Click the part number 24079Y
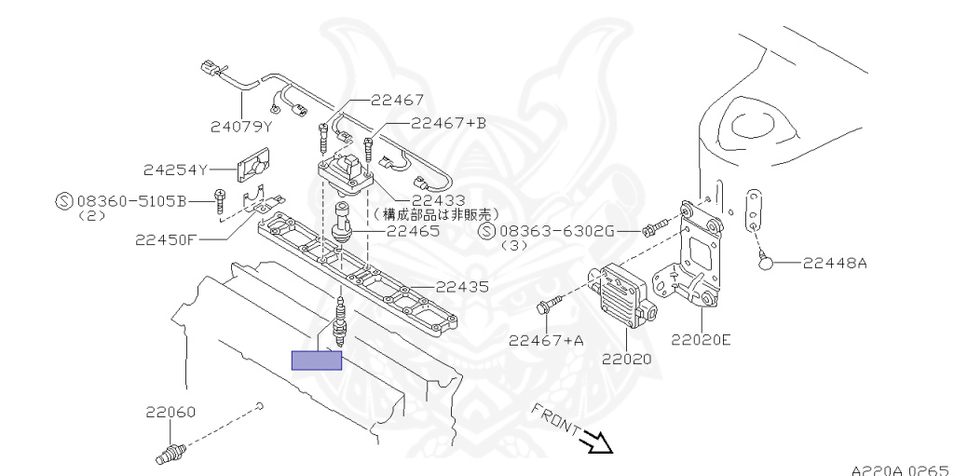pyautogui.click(x=240, y=127)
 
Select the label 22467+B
pyautogui.click(x=448, y=123)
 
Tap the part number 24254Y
pyautogui.click(x=174, y=170)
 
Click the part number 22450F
pyautogui.click(x=166, y=238)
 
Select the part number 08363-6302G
pyautogui.click(x=556, y=231)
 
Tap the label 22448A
pyautogui.click(x=835, y=264)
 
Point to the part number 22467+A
pyautogui.click(x=546, y=340)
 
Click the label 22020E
pyautogui.click(x=701, y=339)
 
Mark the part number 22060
pyautogui.click(x=170, y=411)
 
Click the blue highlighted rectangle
pyautogui.click(x=317, y=360)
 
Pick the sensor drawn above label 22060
pyautogui.click(x=168, y=456)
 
